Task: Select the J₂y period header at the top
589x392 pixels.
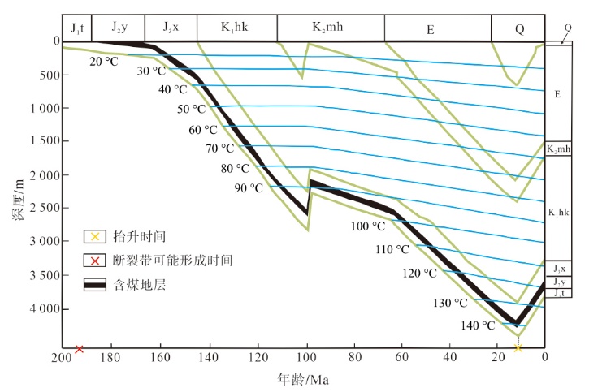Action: tap(117, 27)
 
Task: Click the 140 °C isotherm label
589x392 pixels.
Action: tap(478, 325)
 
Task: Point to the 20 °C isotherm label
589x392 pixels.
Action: tap(105, 61)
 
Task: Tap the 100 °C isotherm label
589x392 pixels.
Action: tap(367, 226)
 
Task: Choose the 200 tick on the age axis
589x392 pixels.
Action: tap(63, 356)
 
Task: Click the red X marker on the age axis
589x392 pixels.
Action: tap(80, 349)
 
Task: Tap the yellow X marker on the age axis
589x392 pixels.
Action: tap(518, 348)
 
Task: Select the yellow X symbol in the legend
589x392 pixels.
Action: tap(95, 237)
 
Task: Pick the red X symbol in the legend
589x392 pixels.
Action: tap(95, 261)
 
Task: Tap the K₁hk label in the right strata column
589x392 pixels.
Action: tap(557, 213)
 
